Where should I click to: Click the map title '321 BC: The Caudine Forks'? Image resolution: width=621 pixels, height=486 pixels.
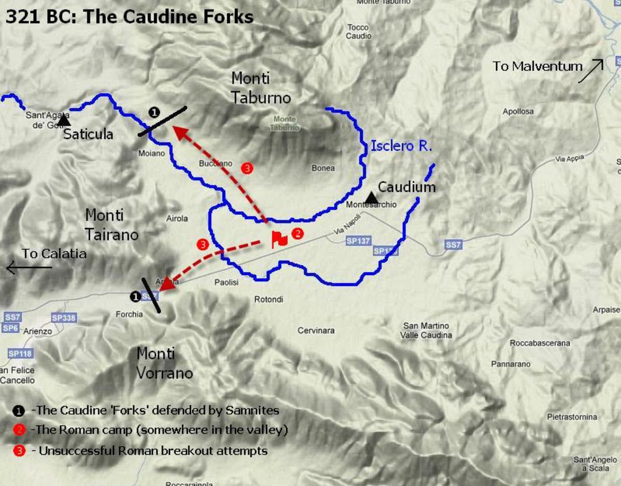(x=129, y=17)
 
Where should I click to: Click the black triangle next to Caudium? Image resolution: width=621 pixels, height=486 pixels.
(x=371, y=197)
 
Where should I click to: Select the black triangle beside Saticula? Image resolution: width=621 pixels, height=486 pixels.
(x=64, y=121)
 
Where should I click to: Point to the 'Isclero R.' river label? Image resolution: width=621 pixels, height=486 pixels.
(x=401, y=146)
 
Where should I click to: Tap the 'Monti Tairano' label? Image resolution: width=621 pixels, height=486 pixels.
(x=112, y=225)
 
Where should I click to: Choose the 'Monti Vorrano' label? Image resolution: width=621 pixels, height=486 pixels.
(x=164, y=363)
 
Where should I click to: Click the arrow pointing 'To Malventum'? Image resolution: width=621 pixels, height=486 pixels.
(x=591, y=71)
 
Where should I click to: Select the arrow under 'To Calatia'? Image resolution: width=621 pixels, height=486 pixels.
(x=29, y=268)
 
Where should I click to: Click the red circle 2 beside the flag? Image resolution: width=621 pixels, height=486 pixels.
(x=298, y=233)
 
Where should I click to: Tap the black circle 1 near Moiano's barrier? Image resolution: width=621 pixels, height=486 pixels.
(x=153, y=111)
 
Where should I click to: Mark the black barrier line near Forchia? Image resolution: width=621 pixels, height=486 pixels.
(x=152, y=296)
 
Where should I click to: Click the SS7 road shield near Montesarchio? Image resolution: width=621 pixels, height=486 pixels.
(x=453, y=244)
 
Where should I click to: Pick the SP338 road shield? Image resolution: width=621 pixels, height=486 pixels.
(x=64, y=318)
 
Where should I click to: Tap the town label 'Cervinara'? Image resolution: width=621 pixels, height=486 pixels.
(x=316, y=330)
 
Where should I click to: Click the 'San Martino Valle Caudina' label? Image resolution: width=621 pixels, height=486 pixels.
(x=426, y=330)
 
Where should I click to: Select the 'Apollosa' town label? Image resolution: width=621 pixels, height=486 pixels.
(x=518, y=111)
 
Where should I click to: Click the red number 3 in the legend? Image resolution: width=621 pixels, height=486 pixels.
(x=19, y=451)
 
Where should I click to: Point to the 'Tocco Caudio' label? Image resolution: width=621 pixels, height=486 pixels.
(x=358, y=32)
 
